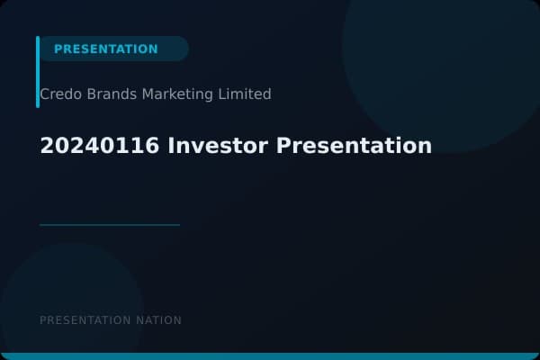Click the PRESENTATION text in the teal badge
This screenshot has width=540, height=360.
pyautogui.click(x=105, y=49)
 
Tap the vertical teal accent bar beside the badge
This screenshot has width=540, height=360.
pyautogui.click(x=38, y=72)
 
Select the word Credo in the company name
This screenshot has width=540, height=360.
pyautogui.click(x=58, y=94)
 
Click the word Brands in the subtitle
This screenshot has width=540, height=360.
pyautogui.click(x=110, y=94)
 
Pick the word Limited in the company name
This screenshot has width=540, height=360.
pyautogui.click(x=245, y=94)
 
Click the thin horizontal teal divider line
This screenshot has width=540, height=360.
pyautogui.click(x=110, y=225)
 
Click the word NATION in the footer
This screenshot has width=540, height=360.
pyautogui.click(x=160, y=320)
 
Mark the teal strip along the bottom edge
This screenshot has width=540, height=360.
pyautogui.click(x=270, y=356)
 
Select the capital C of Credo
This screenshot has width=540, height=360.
pyautogui.click(x=45, y=94)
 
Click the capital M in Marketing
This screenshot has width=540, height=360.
pyautogui.click(x=148, y=94)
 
